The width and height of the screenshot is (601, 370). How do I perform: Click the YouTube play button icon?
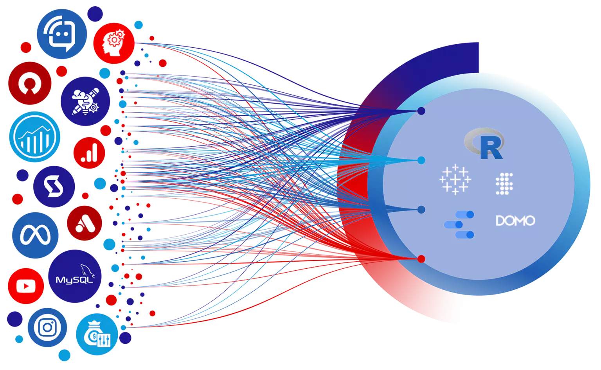click(x=26, y=286)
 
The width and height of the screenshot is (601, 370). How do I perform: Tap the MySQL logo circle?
click(x=75, y=276)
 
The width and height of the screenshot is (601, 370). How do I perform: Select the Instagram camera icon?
click(x=47, y=327)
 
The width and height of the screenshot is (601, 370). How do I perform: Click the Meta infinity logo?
click(x=35, y=235)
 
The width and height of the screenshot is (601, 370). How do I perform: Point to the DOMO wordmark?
click(x=515, y=221)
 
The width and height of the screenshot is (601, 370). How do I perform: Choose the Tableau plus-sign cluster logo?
click(x=455, y=180)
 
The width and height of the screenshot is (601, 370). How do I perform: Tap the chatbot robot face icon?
click(x=62, y=34)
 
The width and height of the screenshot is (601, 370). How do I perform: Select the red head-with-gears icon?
click(x=114, y=43)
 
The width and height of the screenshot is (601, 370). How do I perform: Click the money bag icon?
click(x=97, y=334)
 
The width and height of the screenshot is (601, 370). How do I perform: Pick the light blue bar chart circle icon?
click(x=34, y=137)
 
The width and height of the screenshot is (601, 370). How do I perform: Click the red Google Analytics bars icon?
click(x=89, y=153)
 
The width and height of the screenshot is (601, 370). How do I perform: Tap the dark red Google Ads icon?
click(x=85, y=223)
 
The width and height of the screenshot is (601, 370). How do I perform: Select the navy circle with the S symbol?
click(x=54, y=187)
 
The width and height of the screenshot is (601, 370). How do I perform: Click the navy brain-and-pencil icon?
click(x=85, y=101)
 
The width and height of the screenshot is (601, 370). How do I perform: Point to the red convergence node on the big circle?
click(x=421, y=259)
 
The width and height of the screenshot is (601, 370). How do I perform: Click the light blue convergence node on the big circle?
click(x=421, y=160)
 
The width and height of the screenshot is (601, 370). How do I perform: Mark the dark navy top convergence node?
click(x=421, y=111)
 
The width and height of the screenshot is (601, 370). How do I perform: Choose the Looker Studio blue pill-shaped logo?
click(x=459, y=225)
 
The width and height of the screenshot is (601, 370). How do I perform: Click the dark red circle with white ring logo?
click(x=30, y=83)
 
